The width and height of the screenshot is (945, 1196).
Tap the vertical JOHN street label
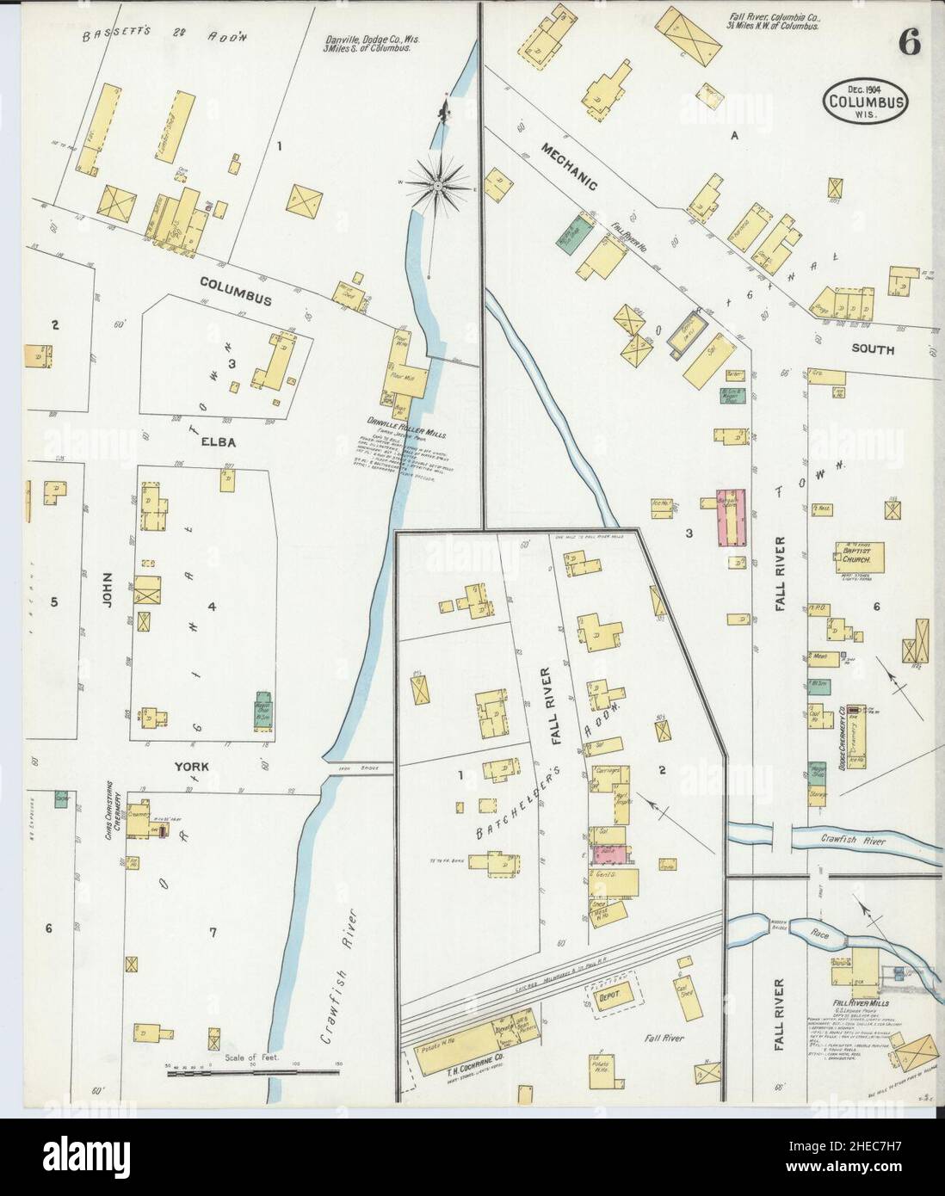click(x=108, y=592)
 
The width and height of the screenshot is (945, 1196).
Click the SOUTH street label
click(x=873, y=350)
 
